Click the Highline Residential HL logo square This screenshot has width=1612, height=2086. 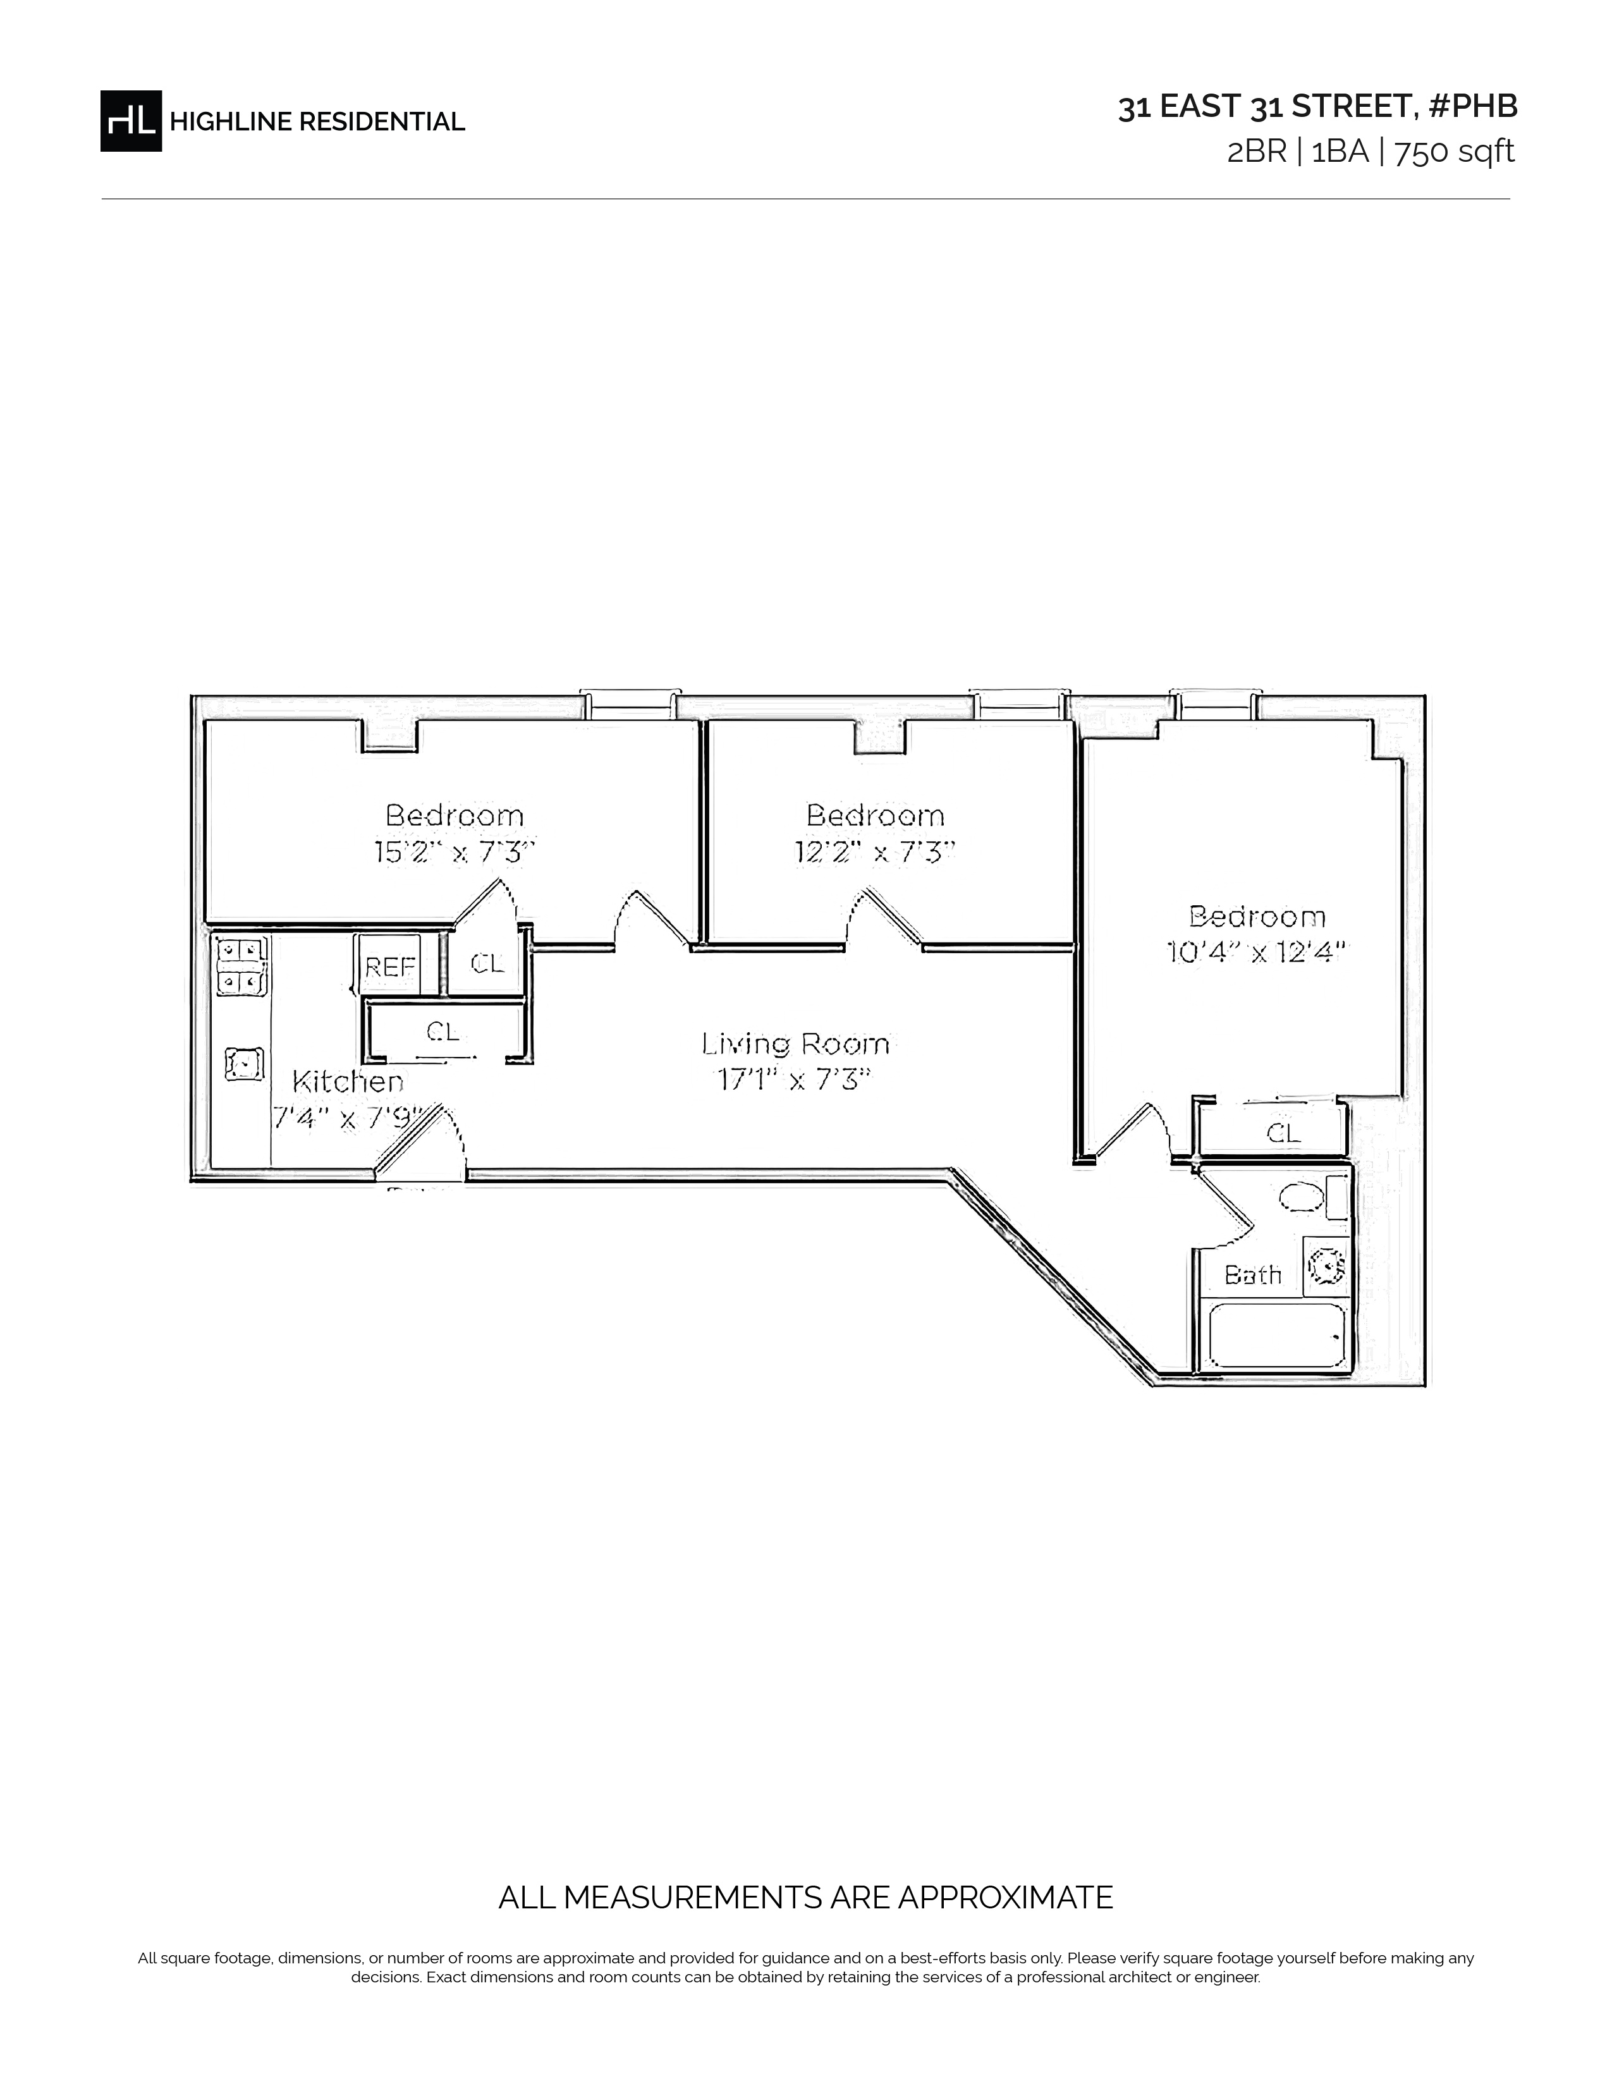click(131, 121)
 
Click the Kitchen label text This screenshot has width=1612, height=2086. click(348, 1081)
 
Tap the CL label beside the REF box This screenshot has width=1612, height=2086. click(487, 964)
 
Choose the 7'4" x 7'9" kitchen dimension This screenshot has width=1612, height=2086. click(348, 1116)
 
